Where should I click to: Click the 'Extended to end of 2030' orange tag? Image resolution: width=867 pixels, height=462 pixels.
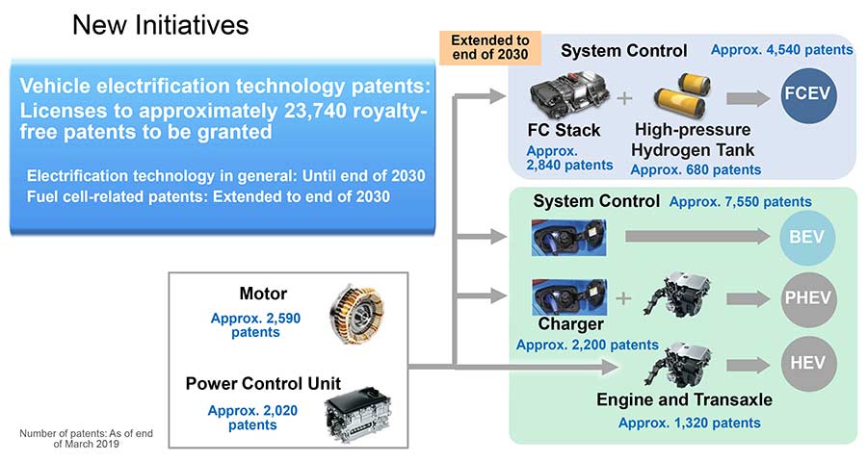(489, 49)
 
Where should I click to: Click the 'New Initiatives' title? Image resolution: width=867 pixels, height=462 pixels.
(160, 25)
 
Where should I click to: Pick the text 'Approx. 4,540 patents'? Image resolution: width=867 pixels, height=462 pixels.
(781, 50)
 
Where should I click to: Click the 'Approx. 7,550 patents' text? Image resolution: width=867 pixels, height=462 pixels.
(739, 202)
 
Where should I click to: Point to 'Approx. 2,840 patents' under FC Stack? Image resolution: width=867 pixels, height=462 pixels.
(569, 158)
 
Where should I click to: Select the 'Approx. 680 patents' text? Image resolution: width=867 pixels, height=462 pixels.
(695, 170)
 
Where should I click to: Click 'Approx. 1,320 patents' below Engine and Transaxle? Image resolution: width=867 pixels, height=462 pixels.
(689, 423)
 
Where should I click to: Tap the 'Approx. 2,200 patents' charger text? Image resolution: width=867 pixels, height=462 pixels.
(587, 345)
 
